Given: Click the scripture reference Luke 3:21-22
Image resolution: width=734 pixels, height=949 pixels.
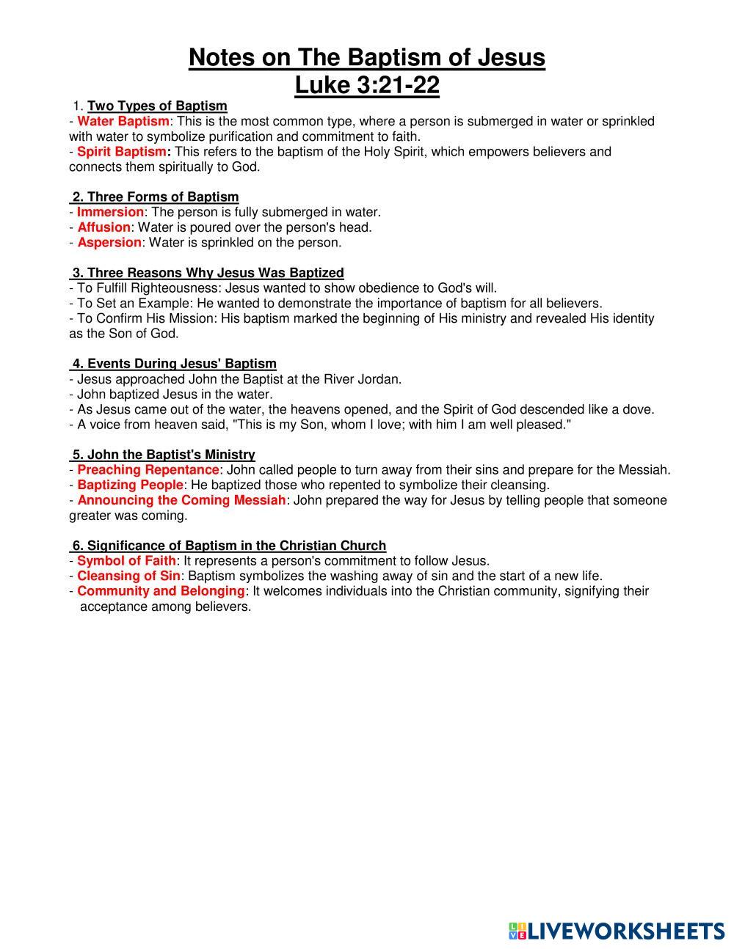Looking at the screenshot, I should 367,86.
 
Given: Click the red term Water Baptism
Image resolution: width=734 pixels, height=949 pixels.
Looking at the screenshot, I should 123,121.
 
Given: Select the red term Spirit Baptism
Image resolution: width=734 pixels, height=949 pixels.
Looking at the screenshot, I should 122,152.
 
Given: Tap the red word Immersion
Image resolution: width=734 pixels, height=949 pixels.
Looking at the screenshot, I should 110,212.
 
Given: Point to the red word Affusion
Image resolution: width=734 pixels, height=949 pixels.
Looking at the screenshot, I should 103,227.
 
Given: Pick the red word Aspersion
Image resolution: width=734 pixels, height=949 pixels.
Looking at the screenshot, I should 109,242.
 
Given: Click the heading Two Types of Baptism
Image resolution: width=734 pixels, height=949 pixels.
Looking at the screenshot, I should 157,106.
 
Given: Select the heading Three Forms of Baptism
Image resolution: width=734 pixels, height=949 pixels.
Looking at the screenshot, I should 163,197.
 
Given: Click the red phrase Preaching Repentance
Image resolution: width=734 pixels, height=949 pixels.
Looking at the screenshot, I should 148,469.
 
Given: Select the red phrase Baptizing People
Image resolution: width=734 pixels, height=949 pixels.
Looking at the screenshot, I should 129,485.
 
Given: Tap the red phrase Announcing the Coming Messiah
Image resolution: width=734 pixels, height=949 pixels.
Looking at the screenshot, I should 181,500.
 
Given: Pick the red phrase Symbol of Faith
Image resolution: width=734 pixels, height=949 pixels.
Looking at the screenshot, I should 126,561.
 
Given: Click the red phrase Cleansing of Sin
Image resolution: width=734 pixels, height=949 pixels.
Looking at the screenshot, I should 128,576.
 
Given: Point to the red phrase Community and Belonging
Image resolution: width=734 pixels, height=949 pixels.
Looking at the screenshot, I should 161,591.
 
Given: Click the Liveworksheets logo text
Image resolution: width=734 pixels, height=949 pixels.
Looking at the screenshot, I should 626,931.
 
